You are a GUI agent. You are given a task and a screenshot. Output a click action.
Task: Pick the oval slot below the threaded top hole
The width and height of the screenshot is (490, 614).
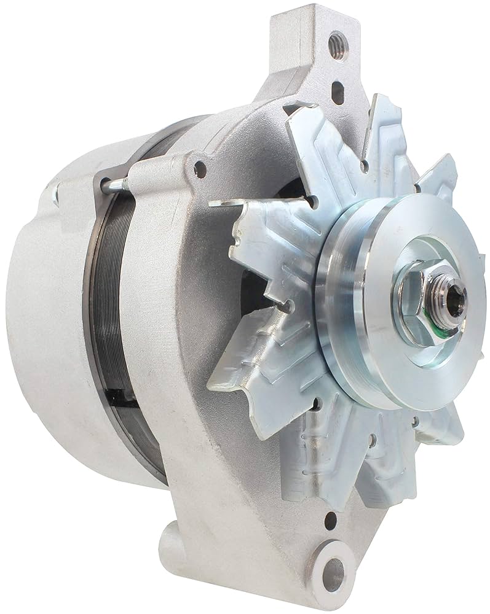pyautogui.click(x=338, y=92)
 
